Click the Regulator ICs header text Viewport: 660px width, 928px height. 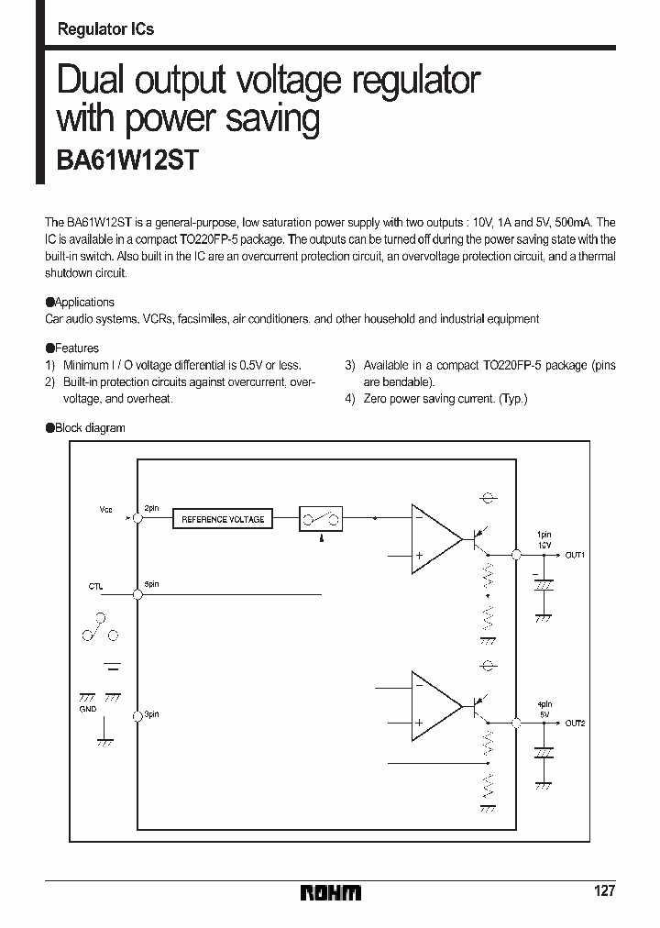tap(105, 29)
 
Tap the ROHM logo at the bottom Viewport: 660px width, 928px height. tap(330, 892)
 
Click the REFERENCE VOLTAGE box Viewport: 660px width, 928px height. tap(223, 519)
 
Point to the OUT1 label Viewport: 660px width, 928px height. tap(575, 556)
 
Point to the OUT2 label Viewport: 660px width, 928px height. tap(575, 724)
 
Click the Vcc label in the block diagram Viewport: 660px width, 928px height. tap(106, 509)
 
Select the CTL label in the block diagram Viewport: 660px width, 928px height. tap(96, 585)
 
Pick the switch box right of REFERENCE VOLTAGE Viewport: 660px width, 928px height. tap(321, 518)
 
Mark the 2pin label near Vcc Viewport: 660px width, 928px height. tap(151, 508)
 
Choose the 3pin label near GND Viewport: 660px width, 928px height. tap(151, 714)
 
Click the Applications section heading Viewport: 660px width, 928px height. tap(84, 302)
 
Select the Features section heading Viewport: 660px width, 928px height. tap(77, 348)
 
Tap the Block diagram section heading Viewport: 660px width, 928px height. tap(90, 428)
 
